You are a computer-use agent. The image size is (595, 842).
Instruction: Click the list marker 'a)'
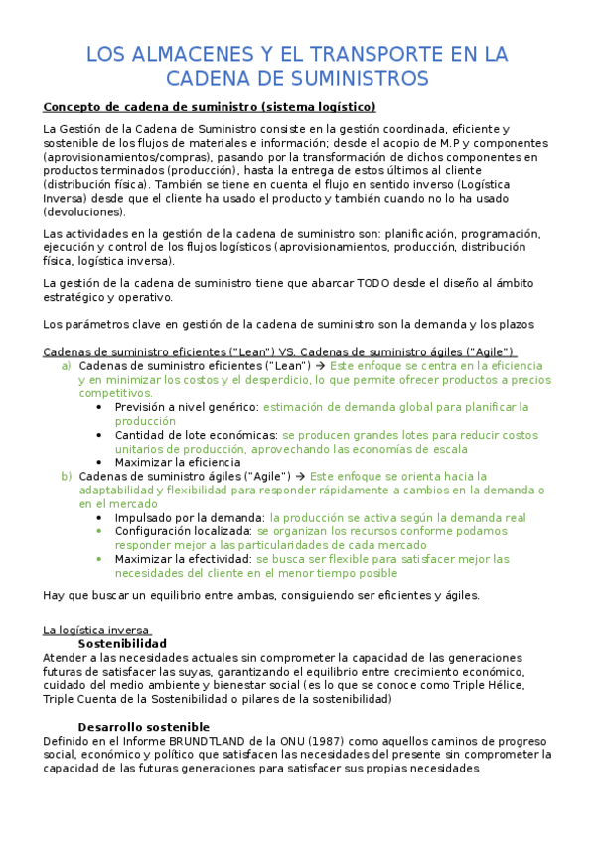(67, 365)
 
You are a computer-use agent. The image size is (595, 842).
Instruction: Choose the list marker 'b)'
(67, 476)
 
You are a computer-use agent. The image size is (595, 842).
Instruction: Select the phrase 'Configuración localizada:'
(184, 531)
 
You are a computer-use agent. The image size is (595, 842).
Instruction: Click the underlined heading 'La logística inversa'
(97, 630)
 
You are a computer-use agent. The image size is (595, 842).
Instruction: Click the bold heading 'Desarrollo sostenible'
(144, 726)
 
